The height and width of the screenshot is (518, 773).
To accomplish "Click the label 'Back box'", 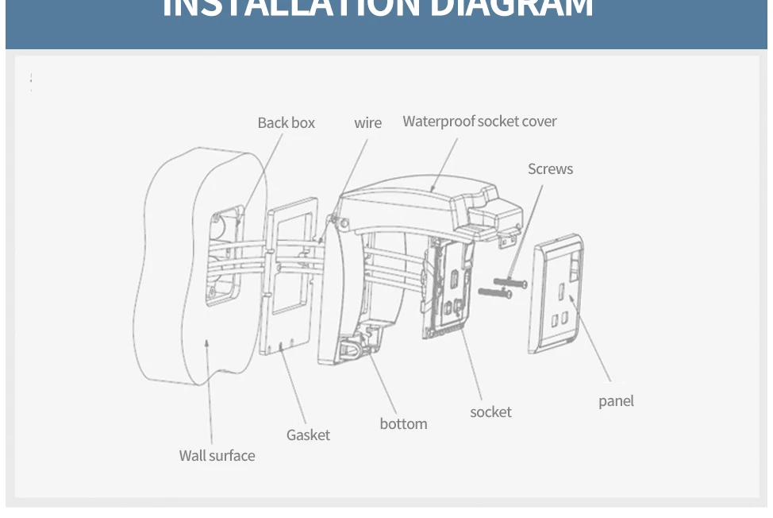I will (x=286, y=123).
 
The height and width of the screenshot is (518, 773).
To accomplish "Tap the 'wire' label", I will (x=367, y=123).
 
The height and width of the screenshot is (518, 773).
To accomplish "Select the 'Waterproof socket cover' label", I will (x=479, y=122).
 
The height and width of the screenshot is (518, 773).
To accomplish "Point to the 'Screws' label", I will (x=550, y=169).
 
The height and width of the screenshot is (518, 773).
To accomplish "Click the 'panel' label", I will (x=616, y=401).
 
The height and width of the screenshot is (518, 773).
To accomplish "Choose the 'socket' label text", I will (x=490, y=412).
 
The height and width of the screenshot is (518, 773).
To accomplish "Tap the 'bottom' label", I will (x=403, y=424).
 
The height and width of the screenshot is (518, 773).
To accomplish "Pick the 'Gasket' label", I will (x=308, y=435).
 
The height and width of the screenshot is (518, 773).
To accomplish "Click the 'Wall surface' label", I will (x=217, y=456).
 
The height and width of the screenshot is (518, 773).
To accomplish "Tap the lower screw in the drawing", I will (x=494, y=293).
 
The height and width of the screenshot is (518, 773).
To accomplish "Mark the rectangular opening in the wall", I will (x=225, y=254).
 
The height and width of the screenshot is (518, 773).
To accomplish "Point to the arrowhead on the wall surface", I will (x=207, y=342).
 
